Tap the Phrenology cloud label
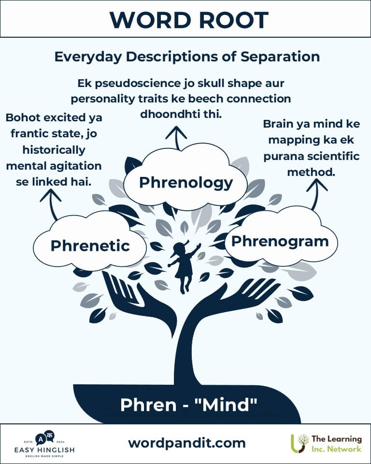click(x=186, y=183)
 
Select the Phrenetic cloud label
click(x=90, y=246)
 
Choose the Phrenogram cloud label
click(x=280, y=241)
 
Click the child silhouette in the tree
click(x=184, y=266)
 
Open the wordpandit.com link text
click(x=186, y=443)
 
